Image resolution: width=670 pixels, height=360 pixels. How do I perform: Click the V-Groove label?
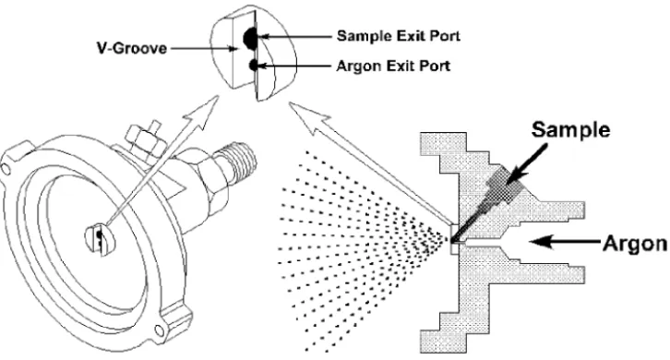[132, 48]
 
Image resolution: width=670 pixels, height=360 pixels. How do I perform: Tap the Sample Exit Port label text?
[399, 35]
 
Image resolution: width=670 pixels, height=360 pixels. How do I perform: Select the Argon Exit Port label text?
[393, 66]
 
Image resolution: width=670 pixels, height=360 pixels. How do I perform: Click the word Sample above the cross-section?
[570, 129]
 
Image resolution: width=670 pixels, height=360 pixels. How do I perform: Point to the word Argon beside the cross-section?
[635, 244]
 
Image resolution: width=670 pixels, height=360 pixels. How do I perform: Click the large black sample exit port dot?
[249, 38]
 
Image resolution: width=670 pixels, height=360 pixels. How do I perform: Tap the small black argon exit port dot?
[254, 66]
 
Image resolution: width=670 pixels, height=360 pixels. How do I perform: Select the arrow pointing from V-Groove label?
[204, 49]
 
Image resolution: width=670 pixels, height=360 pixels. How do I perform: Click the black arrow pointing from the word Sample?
[526, 164]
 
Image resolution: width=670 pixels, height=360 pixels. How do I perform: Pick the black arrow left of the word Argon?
[565, 242]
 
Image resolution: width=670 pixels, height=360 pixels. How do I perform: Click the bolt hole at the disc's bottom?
[159, 330]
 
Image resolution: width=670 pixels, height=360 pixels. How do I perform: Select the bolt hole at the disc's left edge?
[6, 169]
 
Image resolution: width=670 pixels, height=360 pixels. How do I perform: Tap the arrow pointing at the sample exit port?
[294, 37]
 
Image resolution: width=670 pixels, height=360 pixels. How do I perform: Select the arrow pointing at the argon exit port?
[294, 66]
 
